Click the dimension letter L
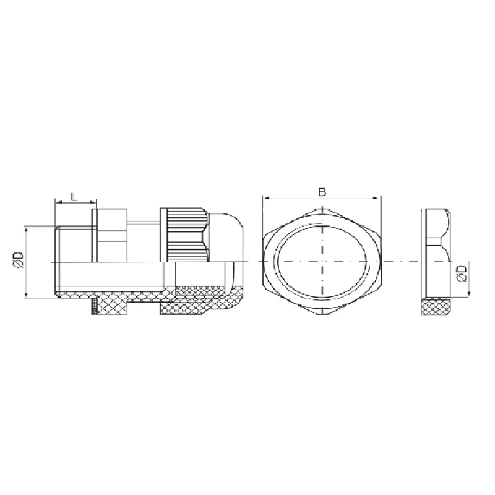(x=74, y=197)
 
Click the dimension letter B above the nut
(x=322, y=192)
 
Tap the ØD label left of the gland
(x=19, y=260)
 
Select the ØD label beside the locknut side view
(x=462, y=273)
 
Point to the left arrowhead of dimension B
(x=265, y=198)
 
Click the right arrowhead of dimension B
(x=376, y=198)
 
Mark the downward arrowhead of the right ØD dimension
(x=469, y=293)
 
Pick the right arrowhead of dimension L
(x=93, y=202)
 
